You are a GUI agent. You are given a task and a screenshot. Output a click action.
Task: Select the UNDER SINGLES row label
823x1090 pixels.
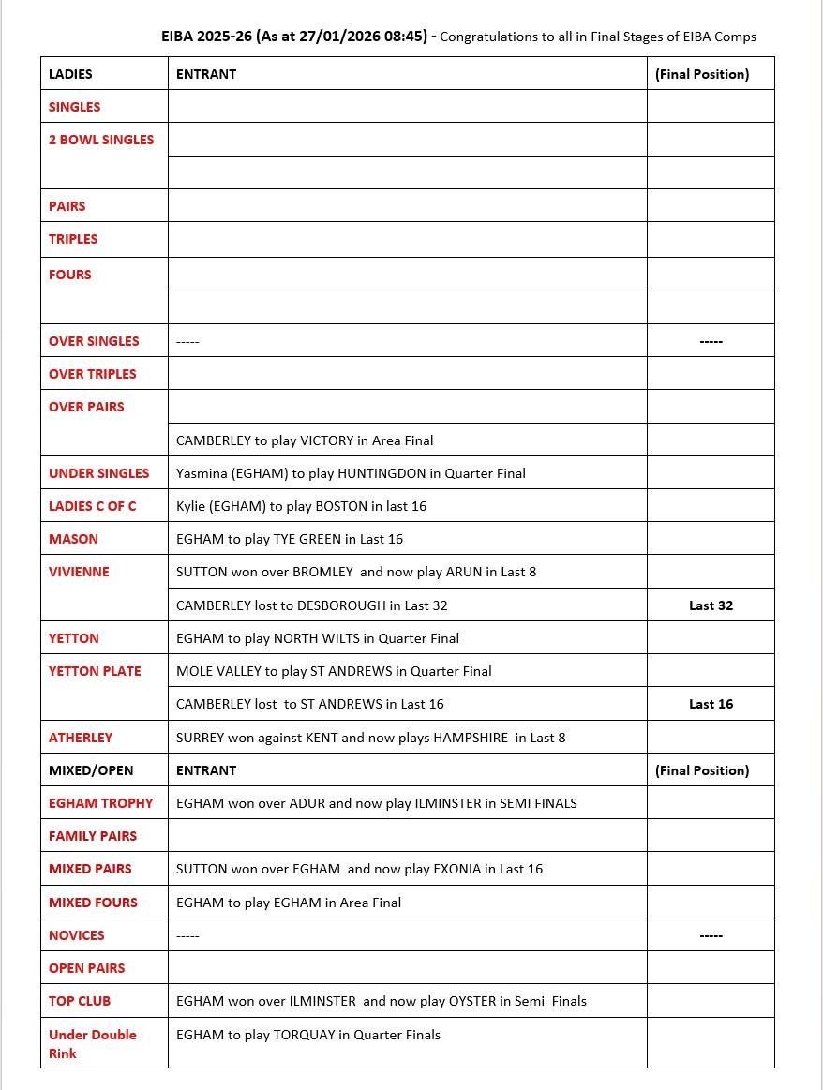pyautogui.click(x=98, y=473)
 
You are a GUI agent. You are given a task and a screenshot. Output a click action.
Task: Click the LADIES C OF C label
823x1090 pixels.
pyautogui.click(x=92, y=506)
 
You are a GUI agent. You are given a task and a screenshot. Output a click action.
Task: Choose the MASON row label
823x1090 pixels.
pyautogui.click(x=73, y=539)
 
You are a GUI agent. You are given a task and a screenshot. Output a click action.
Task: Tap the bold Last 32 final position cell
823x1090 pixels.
pyautogui.click(x=711, y=605)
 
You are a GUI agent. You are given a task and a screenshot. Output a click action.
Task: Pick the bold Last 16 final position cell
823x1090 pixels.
pyautogui.click(x=711, y=704)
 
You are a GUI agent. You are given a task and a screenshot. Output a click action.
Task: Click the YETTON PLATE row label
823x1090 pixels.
pyautogui.click(x=95, y=671)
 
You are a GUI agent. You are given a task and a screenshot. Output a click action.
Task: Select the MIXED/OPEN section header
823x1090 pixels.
pyautogui.click(x=91, y=770)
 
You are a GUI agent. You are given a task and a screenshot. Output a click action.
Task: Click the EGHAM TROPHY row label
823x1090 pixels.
pyautogui.click(x=100, y=803)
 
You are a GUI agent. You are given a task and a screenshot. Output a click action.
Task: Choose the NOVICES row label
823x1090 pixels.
pyautogui.click(x=77, y=935)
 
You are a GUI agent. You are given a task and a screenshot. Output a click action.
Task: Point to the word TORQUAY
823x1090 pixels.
pyautogui.click(x=304, y=1035)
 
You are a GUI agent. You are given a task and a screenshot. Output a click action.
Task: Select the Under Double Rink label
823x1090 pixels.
pyautogui.click(x=92, y=1043)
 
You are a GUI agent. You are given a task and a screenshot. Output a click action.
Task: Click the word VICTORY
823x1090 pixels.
pyautogui.click(x=326, y=440)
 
